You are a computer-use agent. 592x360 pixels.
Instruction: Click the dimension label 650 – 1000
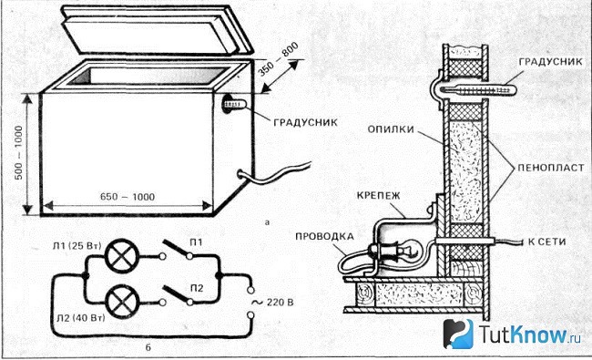pos(128,197)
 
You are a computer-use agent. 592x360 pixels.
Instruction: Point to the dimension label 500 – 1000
pos(18,152)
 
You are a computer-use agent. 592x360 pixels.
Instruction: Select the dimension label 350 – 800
pos(279,59)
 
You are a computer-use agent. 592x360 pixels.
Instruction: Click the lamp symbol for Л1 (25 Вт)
pos(122,256)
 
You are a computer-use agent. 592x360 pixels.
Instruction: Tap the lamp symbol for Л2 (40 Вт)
pos(122,302)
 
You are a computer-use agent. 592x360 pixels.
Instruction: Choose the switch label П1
pos(196,242)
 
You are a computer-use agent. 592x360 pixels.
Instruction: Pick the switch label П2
pos(197,288)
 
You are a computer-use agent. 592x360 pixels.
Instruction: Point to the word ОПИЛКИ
pos(391,129)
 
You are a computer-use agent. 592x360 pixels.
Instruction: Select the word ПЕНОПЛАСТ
pos(550,168)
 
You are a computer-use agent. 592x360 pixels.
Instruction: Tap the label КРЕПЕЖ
pos(378,196)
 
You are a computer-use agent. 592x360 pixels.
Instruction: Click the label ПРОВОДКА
pos(324,236)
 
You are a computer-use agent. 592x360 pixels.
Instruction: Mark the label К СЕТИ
pos(546,242)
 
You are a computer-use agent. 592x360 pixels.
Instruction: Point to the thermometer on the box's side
pos(233,104)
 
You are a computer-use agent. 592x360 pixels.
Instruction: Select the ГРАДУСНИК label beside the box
pos(305,122)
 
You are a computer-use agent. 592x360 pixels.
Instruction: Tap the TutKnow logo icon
pos(458,334)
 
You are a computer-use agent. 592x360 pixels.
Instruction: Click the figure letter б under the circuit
pos(148,346)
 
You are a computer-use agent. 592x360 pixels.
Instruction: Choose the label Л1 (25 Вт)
pos(77,245)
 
